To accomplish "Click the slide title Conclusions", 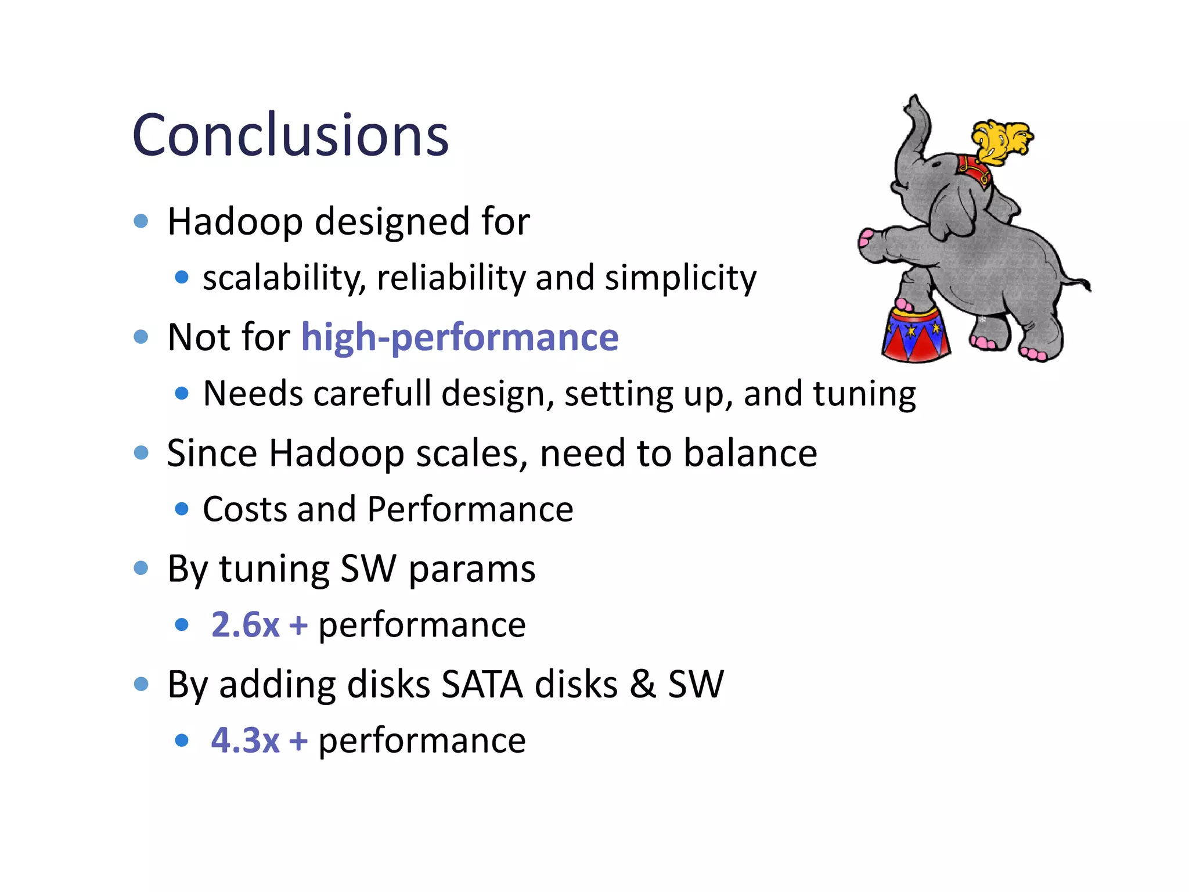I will coord(290,135).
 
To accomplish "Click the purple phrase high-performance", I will coord(460,337).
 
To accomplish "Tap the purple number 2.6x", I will coord(245,625).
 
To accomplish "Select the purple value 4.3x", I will coord(245,740).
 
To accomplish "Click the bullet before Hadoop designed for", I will coord(141,221).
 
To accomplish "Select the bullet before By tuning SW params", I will coord(141,568).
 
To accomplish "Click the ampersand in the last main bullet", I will coord(643,684).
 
